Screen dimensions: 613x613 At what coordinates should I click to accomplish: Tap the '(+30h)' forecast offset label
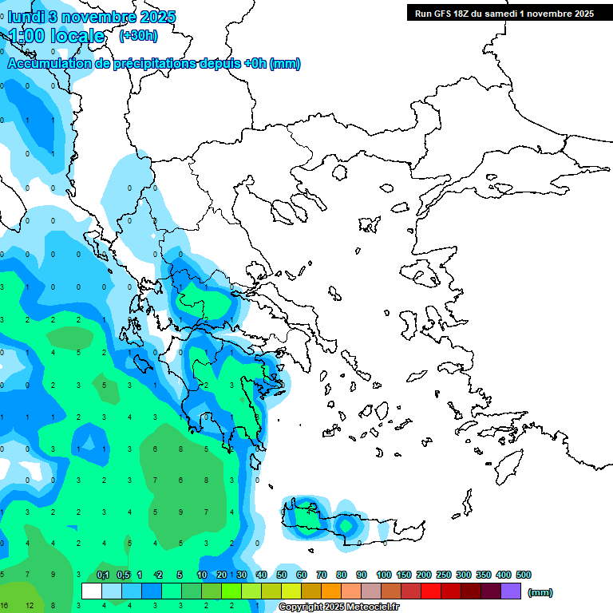138,35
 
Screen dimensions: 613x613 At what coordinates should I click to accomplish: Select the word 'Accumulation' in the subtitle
49,64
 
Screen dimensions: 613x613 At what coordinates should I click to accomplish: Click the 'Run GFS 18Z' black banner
504,13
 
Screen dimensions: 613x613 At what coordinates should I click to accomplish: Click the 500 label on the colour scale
523,575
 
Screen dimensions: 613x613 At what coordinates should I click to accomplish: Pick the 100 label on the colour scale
383,575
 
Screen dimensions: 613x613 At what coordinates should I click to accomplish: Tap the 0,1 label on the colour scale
103,575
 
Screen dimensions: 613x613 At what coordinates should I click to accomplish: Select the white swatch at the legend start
92,591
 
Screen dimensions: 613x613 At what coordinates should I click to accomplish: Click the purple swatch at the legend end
511,591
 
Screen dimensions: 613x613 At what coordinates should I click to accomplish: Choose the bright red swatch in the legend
431,591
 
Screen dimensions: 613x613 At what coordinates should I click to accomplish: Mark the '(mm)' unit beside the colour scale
540,592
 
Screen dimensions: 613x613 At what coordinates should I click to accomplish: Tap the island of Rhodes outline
508,468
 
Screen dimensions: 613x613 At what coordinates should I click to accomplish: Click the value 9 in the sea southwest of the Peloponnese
181,512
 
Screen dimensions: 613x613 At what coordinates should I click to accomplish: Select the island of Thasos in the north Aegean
339,172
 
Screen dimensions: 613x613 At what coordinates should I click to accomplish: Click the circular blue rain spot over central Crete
346,524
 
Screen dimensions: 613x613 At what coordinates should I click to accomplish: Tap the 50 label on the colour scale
282,575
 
